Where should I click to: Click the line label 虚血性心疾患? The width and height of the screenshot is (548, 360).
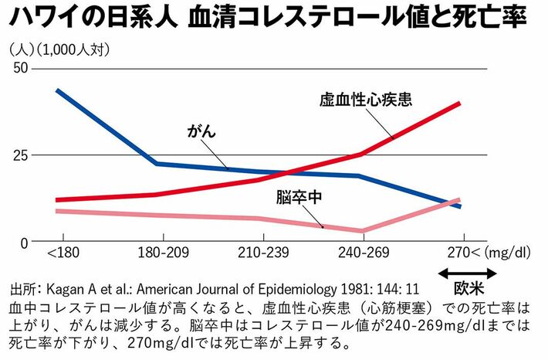366,100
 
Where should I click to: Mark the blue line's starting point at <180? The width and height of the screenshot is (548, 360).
59,90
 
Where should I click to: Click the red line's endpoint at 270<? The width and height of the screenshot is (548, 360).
460,103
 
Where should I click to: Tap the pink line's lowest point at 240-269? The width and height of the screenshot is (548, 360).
361,230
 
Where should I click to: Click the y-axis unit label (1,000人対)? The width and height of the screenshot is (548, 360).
76,50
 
